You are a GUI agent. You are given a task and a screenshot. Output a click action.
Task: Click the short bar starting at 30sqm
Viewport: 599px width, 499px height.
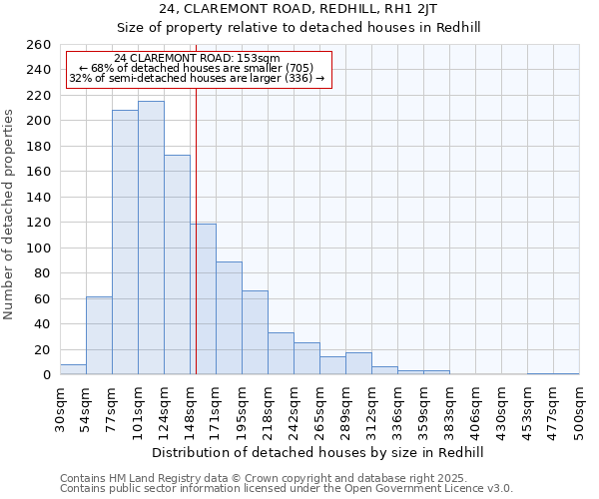click(x=73, y=369)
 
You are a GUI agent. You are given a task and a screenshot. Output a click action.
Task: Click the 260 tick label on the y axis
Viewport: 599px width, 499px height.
click(x=38, y=45)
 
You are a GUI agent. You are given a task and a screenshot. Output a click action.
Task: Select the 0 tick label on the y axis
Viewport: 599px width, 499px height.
click(x=46, y=374)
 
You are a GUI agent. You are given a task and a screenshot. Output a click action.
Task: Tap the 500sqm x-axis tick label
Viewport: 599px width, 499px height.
click(x=579, y=408)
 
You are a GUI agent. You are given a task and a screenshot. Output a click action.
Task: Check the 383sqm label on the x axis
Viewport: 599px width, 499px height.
click(x=449, y=408)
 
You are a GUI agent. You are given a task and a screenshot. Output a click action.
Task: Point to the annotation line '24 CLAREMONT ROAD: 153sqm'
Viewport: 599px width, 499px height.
click(x=198, y=59)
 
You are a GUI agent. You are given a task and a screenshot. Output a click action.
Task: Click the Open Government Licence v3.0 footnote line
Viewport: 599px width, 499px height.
click(x=287, y=488)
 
